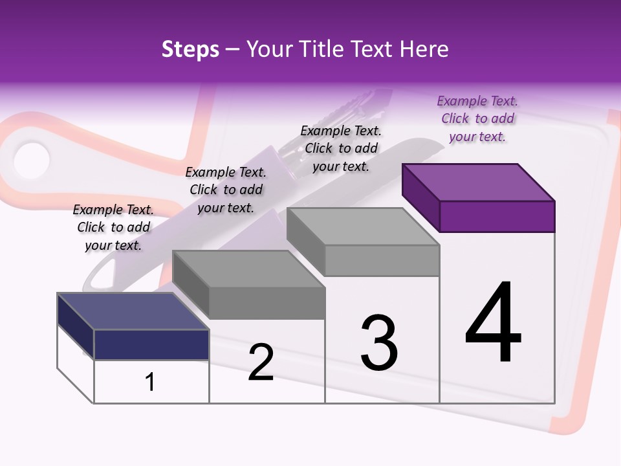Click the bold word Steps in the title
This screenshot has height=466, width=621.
click(190, 49)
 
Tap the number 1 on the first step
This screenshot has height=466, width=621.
click(150, 383)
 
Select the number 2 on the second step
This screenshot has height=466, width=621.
click(261, 362)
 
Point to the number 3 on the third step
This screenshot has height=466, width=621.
click(379, 343)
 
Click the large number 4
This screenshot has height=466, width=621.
click(494, 324)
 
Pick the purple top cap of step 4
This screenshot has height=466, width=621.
click(479, 183)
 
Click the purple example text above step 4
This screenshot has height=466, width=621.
click(477, 118)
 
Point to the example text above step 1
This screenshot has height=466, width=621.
click(113, 227)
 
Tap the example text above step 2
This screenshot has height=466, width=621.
click(226, 190)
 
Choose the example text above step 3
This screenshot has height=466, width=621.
click(341, 148)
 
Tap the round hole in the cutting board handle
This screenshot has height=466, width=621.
click(31, 160)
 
